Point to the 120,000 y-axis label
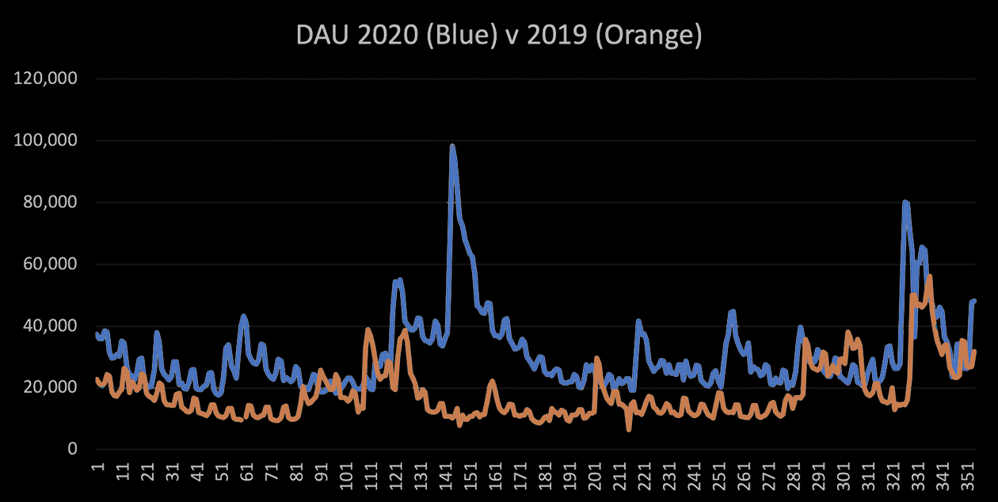[x=47, y=79]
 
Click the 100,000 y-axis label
[x=47, y=141]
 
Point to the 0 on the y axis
[x=72, y=450]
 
